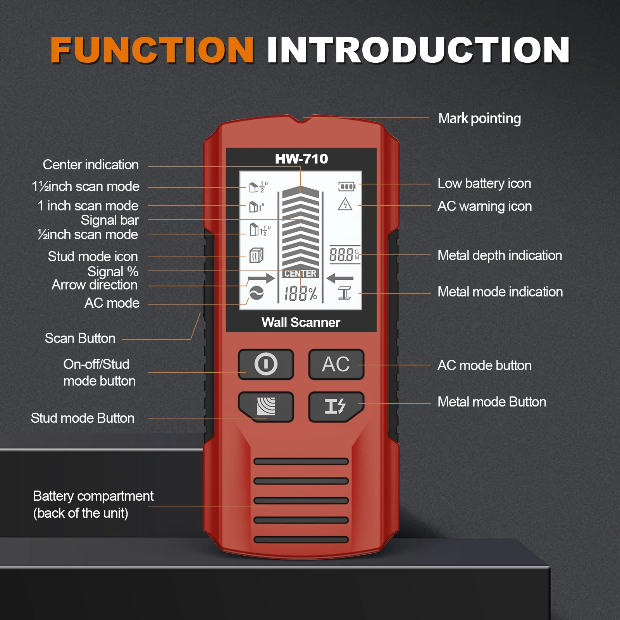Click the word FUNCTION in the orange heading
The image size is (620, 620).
point(152,50)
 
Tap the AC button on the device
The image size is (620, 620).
point(336,364)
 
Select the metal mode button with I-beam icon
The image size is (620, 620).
point(336,406)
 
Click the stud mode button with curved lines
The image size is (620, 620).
point(266,406)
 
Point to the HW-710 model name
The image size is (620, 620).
point(301,159)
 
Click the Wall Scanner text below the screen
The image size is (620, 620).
point(301,322)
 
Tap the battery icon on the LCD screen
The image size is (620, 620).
point(347,187)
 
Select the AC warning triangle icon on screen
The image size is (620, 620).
point(344,204)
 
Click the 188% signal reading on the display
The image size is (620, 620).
point(301,294)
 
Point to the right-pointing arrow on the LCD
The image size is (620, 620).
point(261,278)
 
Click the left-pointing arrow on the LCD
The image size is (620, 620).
point(340,278)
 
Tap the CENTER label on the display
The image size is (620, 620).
point(300,274)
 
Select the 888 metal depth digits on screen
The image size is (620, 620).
point(341,255)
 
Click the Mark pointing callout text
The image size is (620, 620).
point(479,119)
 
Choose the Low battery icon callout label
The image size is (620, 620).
point(484,183)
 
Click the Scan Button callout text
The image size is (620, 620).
point(80,338)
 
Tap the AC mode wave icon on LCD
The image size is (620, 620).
point(256,293)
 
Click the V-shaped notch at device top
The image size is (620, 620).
point(302,119)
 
